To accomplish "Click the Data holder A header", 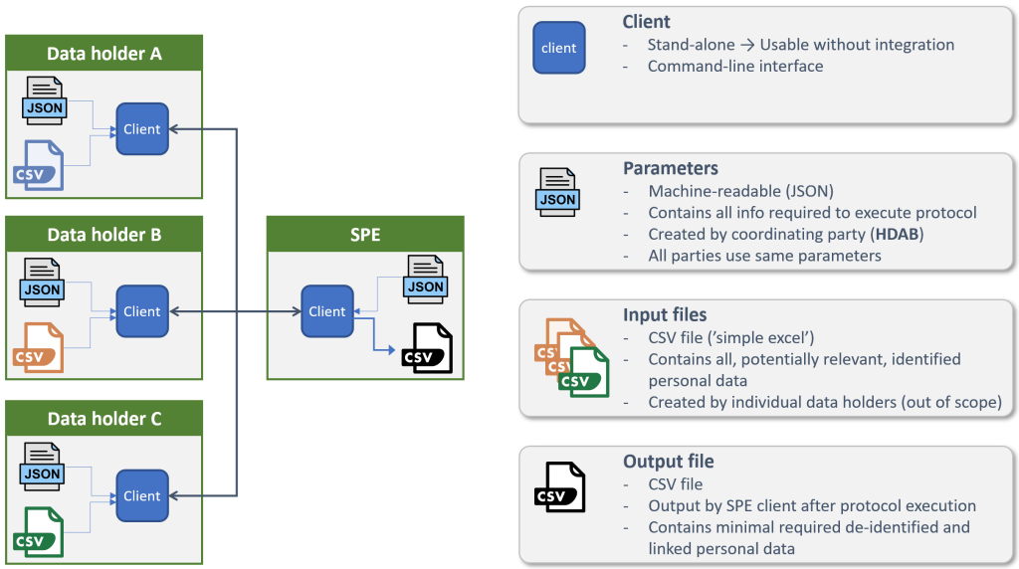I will tap(104, 54).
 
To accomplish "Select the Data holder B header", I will tap(104, 236).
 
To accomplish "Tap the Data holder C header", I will tap(104, 419).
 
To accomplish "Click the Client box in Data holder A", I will tap(142, 129).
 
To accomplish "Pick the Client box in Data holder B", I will tap(142, 311).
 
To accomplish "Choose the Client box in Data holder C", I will tap(142, 495).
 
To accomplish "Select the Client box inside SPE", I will tap(327, 311).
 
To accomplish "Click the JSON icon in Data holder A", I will tap(44, 99).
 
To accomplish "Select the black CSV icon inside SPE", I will tap(428, 349).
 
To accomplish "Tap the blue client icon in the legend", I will tap(559, 48).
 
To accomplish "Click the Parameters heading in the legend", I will tap(671, 168).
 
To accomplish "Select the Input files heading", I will tap(665, 314).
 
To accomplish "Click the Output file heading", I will tap(669, 462).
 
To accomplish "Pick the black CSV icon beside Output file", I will tap(560, 486).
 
